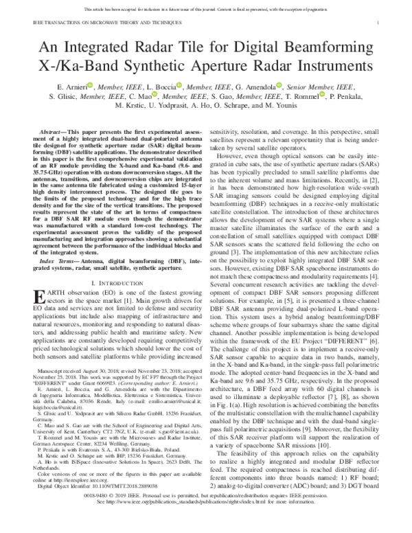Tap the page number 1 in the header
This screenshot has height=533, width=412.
(388, 23)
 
